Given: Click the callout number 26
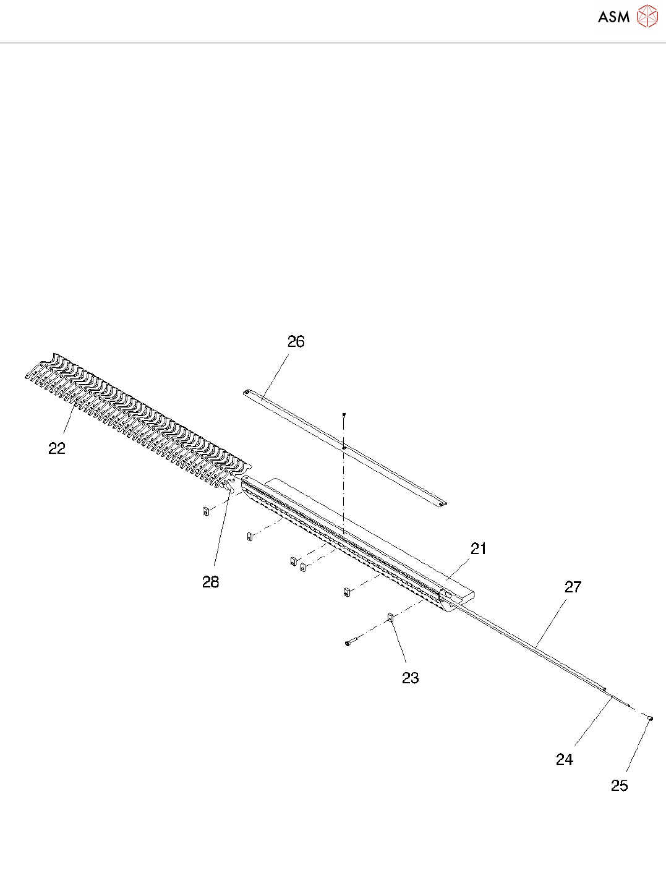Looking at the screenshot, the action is point(296,342).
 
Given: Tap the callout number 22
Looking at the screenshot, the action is point(57,449).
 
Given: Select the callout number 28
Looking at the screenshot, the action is point(211,582).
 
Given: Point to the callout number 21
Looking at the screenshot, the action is point(479,549).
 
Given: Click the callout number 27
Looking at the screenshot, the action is point(573,587).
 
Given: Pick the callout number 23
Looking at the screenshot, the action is point(411,678).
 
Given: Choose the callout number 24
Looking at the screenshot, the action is point(565,760).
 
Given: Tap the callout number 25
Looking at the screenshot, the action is point(620,786).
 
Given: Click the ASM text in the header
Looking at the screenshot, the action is point(613,17).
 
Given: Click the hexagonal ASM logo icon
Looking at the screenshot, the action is point(647,17).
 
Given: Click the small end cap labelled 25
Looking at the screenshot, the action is point(651,718).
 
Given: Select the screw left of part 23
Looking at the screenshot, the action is point(351,643).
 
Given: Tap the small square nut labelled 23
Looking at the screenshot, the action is point(391,617).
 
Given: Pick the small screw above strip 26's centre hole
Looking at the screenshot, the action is point(344,414).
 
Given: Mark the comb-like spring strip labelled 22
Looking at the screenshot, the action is point(136,420).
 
